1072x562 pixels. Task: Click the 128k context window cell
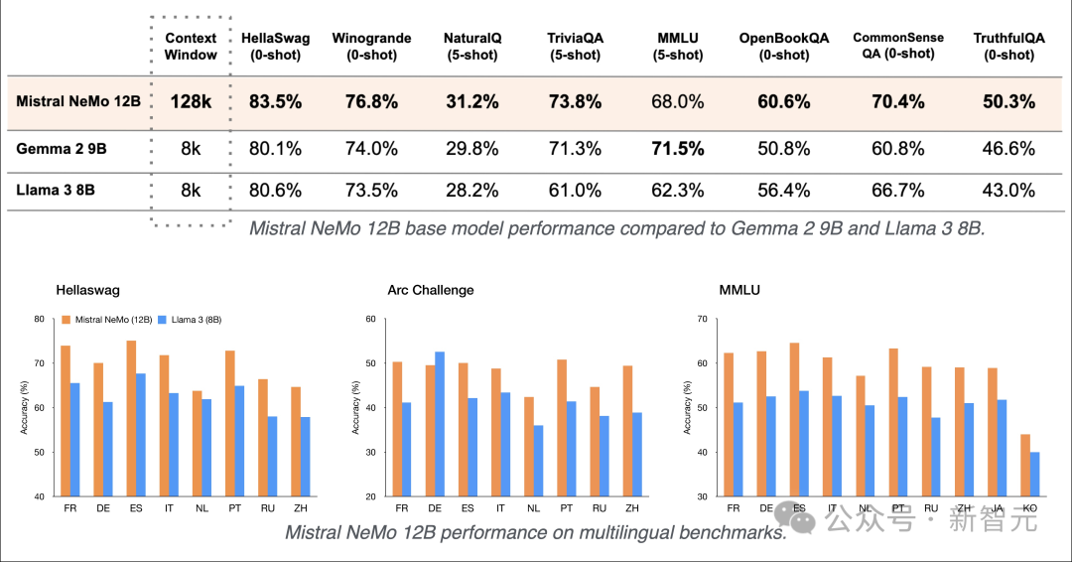191,102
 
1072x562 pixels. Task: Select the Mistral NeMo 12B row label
78,102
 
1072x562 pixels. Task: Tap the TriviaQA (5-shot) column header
576,47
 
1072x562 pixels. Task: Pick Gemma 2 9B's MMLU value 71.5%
679,149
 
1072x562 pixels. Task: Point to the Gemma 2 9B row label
61,149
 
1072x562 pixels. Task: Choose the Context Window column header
191,47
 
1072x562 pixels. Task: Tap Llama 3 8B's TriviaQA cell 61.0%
576,190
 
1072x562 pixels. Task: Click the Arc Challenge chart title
431,290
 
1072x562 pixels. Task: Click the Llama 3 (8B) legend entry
194,320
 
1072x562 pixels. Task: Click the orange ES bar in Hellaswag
131,418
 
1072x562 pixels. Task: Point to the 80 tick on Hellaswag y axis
39,319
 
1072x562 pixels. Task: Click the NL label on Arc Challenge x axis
532,507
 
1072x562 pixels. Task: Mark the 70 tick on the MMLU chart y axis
702,319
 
